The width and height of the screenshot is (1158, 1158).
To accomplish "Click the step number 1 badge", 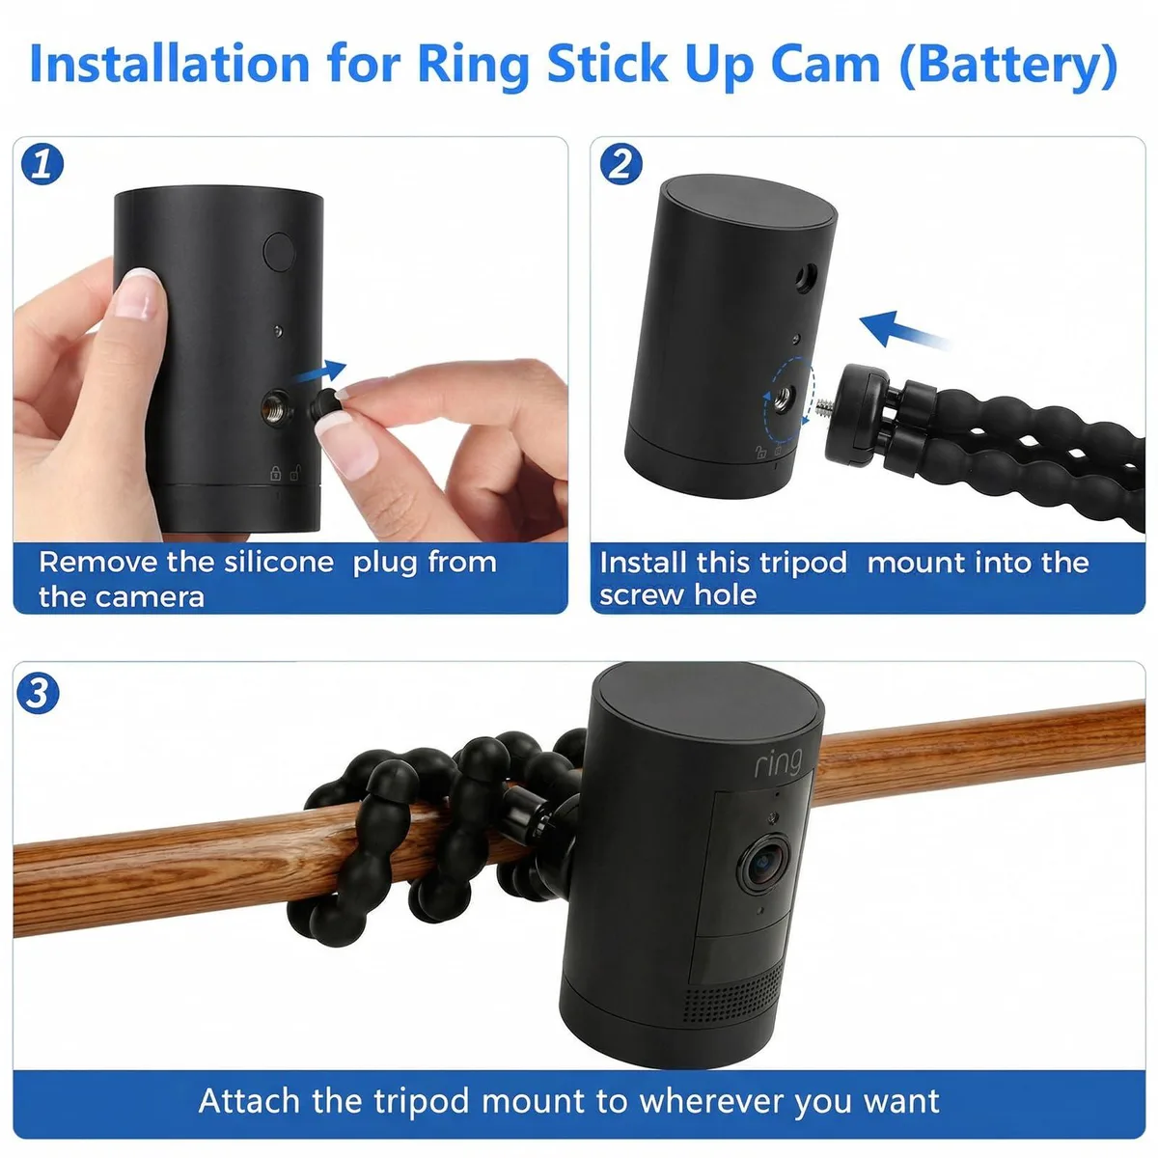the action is pyautogui.click(x=42, y=164).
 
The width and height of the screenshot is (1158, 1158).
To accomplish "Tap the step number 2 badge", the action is pyautogui.click(x=620, y=164).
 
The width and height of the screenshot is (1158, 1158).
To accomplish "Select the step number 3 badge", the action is pyautogui.click(x=38, y=693).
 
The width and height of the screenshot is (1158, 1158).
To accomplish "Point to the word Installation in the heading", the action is pyautogui.click(x=170, y=64).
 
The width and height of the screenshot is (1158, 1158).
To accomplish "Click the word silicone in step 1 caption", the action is pyautogui.click(x=279, y=563).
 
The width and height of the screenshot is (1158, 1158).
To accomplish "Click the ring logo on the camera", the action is pyautogui.click(x=778, y=763).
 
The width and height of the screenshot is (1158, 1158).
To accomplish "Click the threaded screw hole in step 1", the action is pyautogui.click(x=276, y=407).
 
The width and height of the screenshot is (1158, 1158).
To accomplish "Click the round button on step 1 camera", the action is pyautogui.click(x=279, y=251).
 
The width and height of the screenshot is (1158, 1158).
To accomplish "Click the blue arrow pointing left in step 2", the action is pyautogui.click(x=904, y=330).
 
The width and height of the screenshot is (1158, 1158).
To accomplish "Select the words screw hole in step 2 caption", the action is pyautogui.click(x=677, y=595).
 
